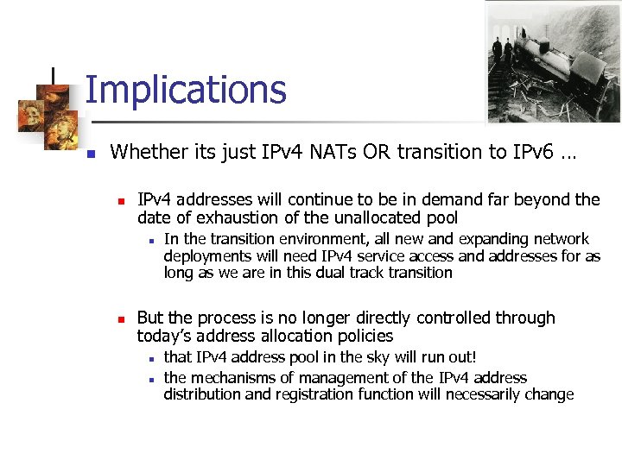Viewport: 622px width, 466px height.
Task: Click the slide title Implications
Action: [x=185, y=90]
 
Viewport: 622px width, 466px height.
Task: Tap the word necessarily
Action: [x=475, y=394]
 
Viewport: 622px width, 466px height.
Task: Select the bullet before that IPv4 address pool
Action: [x=150, y=358]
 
